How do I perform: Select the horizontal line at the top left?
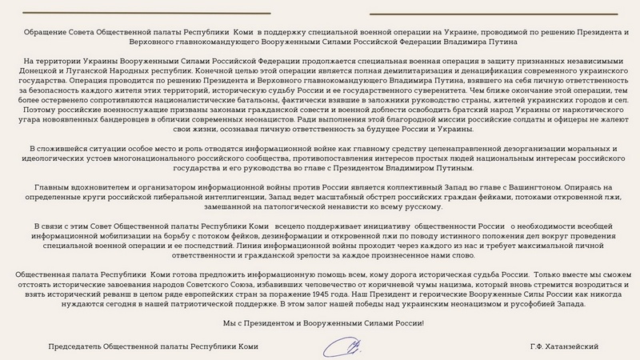(146, 14)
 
